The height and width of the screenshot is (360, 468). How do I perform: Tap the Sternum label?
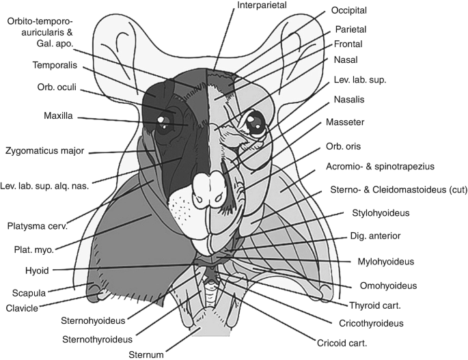[147, 354]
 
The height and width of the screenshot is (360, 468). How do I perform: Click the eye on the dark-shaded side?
[163, 121]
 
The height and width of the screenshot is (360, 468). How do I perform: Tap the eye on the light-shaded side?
[254, 123]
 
